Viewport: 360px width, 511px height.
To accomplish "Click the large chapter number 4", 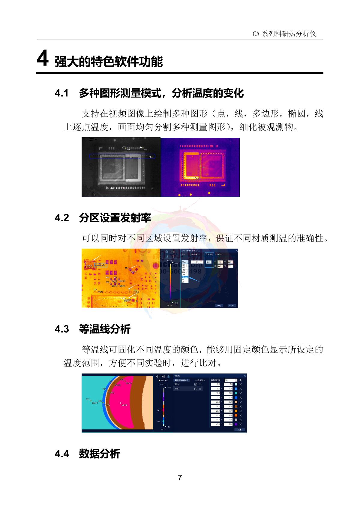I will tap(43, 59).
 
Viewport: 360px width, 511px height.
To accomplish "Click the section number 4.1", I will tap(62, 93).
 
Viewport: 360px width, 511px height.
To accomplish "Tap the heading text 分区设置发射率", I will tap(115, 218).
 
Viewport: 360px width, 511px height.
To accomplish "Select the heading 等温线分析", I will tap(105, 329).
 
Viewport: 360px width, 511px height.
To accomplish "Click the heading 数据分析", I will tap(99, 454).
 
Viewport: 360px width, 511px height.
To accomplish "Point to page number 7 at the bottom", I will tap(180, 478).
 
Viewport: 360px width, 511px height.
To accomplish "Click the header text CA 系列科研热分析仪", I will tap(284, 34).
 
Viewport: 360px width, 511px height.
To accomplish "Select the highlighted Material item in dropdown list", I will tap(185, 277).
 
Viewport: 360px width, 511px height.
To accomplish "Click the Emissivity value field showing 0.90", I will tap(209, 262).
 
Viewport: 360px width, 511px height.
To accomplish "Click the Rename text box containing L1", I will tap(197, 262).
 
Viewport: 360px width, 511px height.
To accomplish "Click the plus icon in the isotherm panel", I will tap(241, 380).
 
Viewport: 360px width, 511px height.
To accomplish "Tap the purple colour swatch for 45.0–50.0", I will tap(236, 424).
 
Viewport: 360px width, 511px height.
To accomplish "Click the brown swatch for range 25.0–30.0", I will tap(236, 407).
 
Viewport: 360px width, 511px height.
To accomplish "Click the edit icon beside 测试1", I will tap(195, 384).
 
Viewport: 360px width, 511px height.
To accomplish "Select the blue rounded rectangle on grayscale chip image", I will tap(122, 156).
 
